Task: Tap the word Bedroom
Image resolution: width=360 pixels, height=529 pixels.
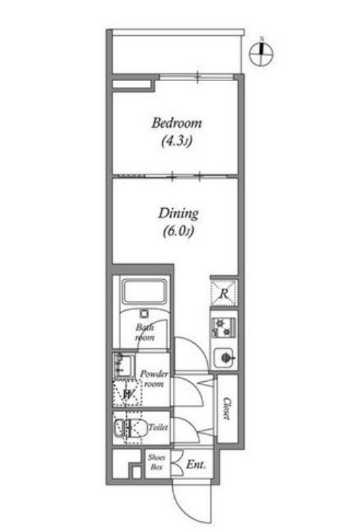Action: (x=176, y=123)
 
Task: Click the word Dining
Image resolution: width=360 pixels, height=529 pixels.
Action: (x=177, y=213)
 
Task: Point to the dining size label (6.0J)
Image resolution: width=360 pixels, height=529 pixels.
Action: (x=177, y=231)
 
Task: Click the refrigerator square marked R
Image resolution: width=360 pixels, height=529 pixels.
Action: (x=224, y=292)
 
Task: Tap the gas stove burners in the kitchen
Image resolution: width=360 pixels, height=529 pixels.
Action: (x=224, y=327)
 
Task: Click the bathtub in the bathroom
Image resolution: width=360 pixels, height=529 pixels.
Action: (x=145, y=293)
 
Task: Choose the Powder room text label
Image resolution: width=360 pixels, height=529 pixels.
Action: (x=154, y=378)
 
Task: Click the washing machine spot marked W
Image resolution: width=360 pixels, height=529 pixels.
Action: (x=127, y=393)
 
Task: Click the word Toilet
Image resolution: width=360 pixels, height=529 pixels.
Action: (x=157, y=427)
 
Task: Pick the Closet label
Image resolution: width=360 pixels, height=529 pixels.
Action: (x=227, y=408)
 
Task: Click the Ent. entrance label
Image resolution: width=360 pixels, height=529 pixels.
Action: (x=196, y=465)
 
